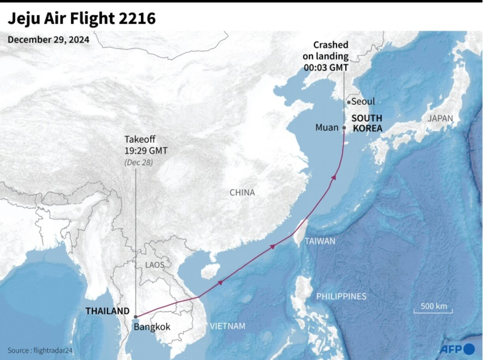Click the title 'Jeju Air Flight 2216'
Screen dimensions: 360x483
pos(82,19)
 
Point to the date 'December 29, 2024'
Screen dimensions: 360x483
pos(49,40)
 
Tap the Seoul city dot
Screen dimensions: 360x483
pos(349,103)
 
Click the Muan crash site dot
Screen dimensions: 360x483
pos(344,128)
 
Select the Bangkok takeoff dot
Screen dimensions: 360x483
pos(136,317)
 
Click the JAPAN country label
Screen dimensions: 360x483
pos(441,118)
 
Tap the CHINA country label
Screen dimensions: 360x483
pos(242,193)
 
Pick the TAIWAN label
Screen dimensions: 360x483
pos(320,241)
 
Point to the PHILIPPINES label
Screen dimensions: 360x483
pos(341,296)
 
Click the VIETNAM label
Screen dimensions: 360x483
pos(227,326)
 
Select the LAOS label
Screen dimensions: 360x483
pos(154,265)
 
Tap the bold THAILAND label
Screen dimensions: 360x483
pos(108,311)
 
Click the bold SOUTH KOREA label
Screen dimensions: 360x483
pos(367,123)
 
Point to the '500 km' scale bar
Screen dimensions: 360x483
pos(433,308)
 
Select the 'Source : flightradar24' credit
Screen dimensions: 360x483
pos(40,351)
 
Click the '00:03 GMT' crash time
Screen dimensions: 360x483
pos(326,67)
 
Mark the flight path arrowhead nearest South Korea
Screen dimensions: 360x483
pos(334,177)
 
